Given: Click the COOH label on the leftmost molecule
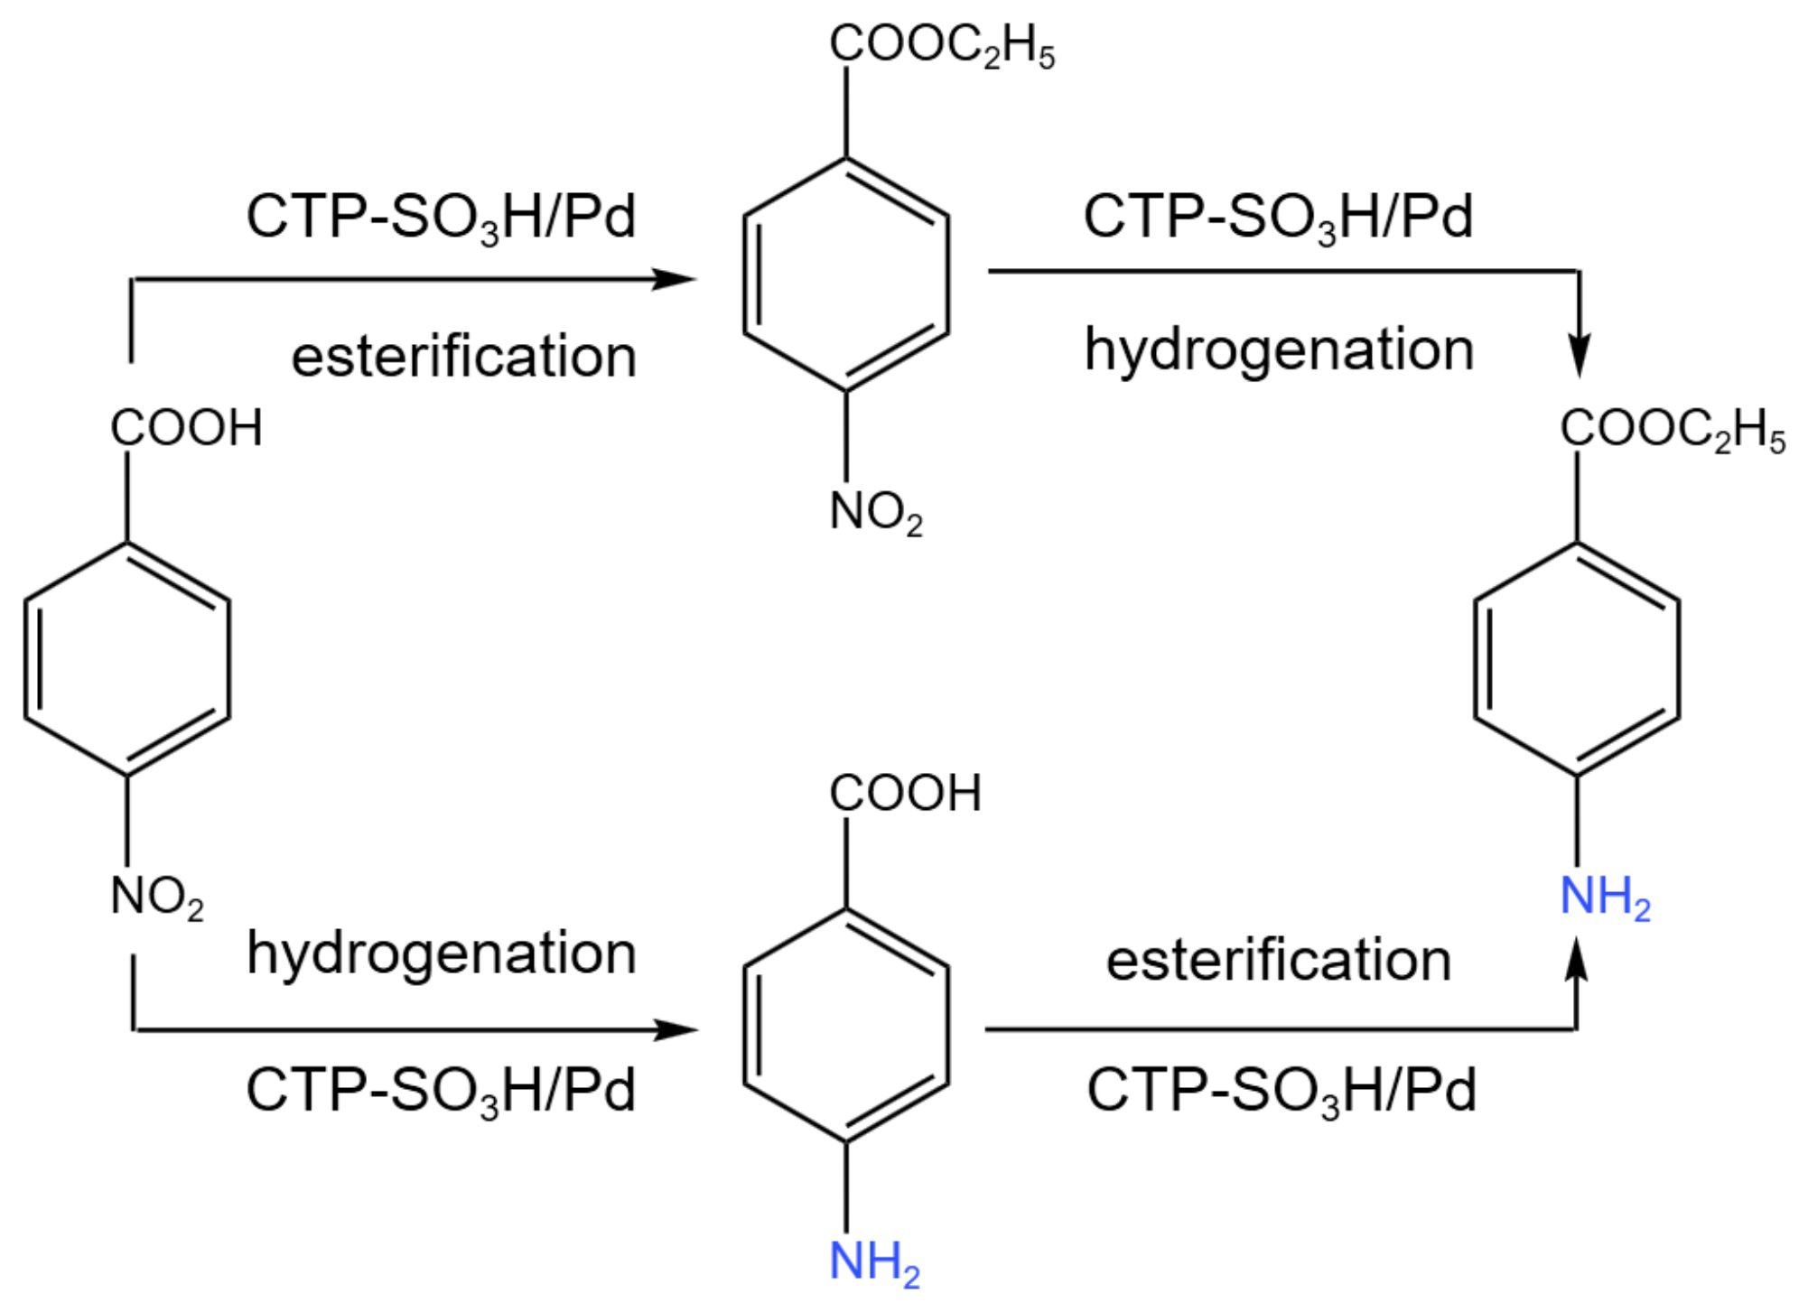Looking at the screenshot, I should (x=186, y=427).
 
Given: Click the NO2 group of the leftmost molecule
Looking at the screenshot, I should (x=156, y=897).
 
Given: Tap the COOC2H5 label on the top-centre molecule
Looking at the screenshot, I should (x=941, y=45).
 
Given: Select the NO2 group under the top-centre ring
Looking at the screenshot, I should (x=875, y=512).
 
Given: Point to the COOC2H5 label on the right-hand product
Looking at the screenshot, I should (x=1673, y=429).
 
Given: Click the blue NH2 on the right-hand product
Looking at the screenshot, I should (x=1605, y=897).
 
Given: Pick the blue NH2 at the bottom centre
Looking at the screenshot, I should (x=873, y=1261).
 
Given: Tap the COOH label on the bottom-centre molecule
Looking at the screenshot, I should (x=905, y=793).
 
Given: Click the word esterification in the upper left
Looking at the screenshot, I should (x=463, y=356).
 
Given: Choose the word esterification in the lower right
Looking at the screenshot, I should (x=1279, y=960).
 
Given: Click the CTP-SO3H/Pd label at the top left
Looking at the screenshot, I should (x=442, y=218).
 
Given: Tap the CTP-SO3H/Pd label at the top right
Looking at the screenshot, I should (x=1279, y=218).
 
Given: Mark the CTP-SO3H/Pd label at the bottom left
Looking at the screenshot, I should (x=442, y=1090).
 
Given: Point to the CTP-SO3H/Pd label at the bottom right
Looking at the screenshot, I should (x=1281, y=1090).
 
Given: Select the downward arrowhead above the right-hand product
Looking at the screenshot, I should (x=1579, y=354).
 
